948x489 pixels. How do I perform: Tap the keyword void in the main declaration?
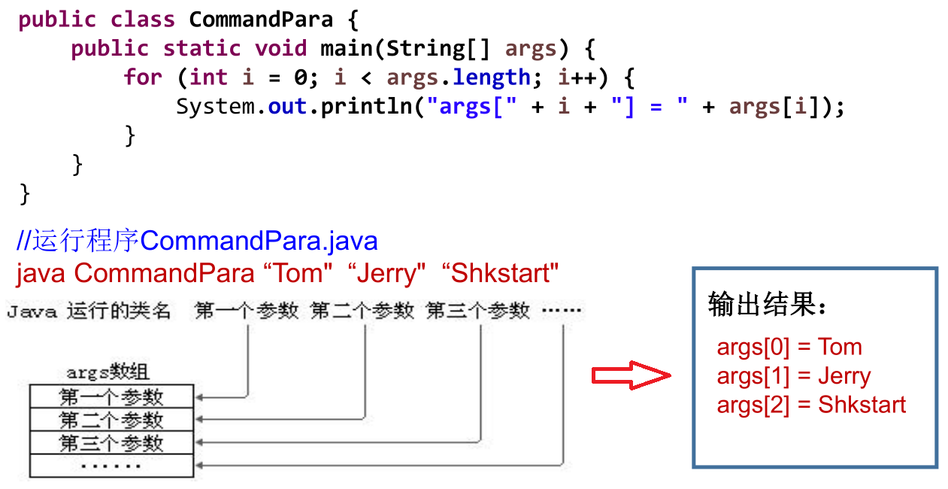[280, 49]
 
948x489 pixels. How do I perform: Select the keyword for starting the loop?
[143, 77]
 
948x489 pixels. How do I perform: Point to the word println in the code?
[367, 107]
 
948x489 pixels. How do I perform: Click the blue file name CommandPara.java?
[259, 241]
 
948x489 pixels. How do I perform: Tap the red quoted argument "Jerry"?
[387, 272]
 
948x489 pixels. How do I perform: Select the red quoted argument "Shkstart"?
[501, 272]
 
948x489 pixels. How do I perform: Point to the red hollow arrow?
[630, 375]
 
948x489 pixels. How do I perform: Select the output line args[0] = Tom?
[789, 347]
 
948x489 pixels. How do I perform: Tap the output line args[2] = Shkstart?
[811, 405]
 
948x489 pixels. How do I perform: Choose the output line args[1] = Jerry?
[793, 375]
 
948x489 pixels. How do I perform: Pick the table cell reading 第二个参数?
[111, 419]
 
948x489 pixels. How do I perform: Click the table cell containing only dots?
[111, 466]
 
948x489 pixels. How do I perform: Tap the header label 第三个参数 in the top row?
[478, 310]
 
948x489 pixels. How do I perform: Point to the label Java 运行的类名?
[89, 310]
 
